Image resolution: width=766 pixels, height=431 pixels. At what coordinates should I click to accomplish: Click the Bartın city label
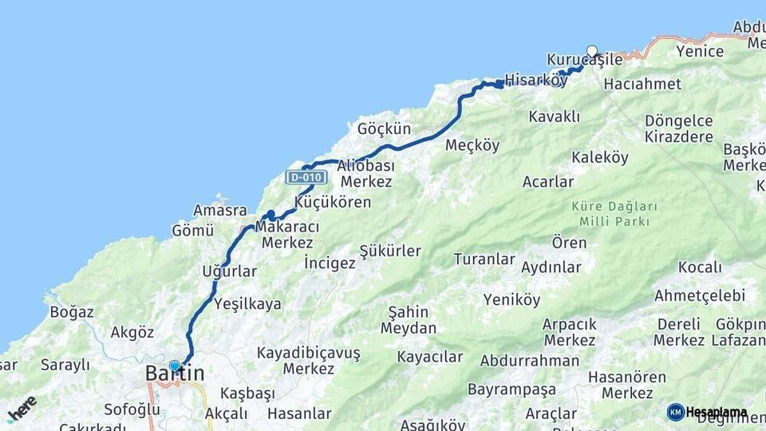(175, 373)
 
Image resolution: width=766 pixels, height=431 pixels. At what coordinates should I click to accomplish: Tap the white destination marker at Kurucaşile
(592, 52)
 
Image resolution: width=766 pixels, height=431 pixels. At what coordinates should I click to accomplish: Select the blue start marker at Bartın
(175, 366)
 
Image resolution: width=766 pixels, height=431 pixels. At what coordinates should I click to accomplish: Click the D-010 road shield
(306, 176)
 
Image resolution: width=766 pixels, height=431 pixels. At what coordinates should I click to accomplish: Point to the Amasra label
(219, 210)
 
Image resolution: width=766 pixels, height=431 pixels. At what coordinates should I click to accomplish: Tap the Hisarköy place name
(530, 80)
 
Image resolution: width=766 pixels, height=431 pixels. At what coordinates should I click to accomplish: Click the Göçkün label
(384, 129)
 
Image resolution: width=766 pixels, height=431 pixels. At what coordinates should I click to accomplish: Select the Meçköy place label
(472, 145)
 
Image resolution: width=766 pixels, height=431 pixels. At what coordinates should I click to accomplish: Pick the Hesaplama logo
(707, 413)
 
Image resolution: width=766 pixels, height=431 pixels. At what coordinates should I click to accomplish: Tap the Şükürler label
(390, 251)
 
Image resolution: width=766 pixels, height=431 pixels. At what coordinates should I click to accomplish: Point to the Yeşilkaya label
(247, 303)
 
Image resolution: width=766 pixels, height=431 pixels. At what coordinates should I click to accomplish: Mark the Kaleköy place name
(600, 158)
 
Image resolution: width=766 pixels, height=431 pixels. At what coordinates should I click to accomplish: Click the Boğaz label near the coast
(72, 312)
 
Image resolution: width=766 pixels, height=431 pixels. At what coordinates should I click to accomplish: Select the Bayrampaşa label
(511, 389)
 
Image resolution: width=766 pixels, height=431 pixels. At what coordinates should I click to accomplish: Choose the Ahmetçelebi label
(700, 295)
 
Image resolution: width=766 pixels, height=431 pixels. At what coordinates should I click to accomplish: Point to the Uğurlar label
(229, 271)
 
